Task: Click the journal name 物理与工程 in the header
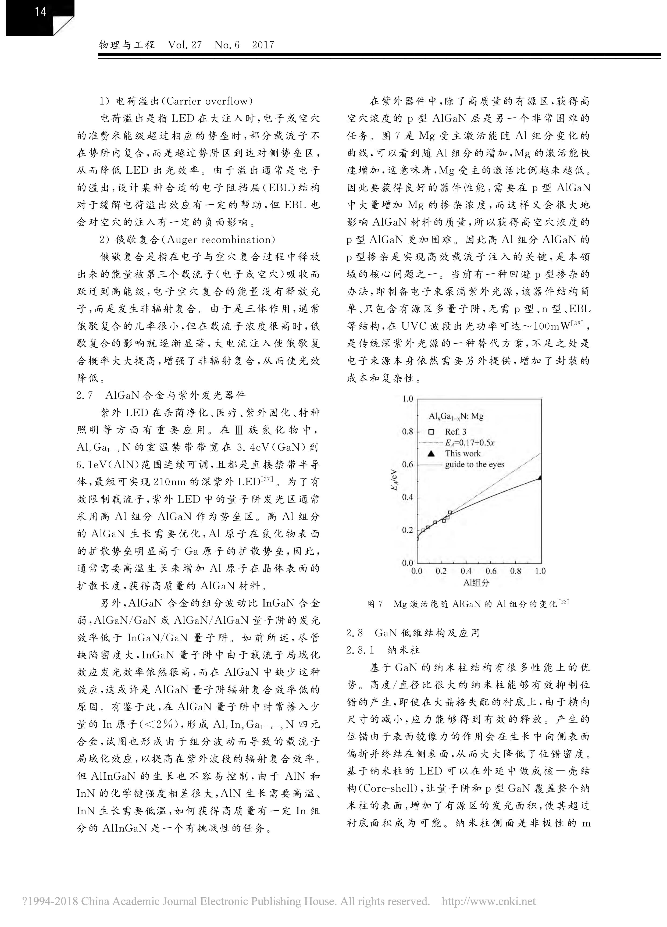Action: coord(127,45)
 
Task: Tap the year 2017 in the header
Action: coord(263,45)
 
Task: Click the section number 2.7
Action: coord(85,395)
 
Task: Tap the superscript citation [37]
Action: coord(266,478)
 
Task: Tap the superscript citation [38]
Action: coord(577,324)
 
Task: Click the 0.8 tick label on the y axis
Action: coord(408,432)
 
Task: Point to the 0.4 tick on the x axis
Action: coord(466,571)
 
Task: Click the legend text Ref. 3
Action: coord(456,432)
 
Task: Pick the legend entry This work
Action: coord(463,453)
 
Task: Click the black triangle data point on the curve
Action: coord(540,477)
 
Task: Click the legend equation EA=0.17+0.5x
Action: coord(470,442)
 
